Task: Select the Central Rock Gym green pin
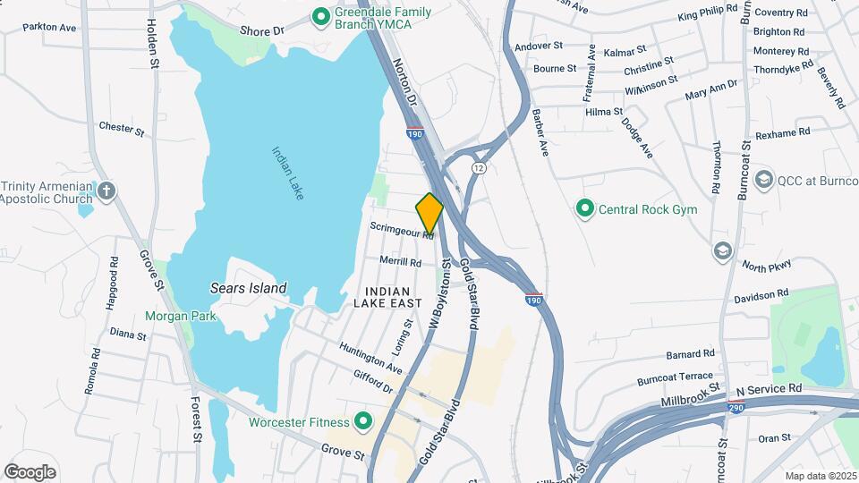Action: coord(585,209)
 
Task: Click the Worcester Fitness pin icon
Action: coord(363,420)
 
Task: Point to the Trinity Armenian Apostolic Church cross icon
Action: coord(106,191)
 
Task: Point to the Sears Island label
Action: coord(248,288)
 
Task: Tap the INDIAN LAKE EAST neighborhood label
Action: coord(387,298)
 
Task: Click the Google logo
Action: coord(30,471)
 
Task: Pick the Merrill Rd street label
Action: coord(400,263)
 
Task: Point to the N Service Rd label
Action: coord(769,389)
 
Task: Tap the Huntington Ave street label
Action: coord(370,356)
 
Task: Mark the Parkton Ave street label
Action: coord(49,28)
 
